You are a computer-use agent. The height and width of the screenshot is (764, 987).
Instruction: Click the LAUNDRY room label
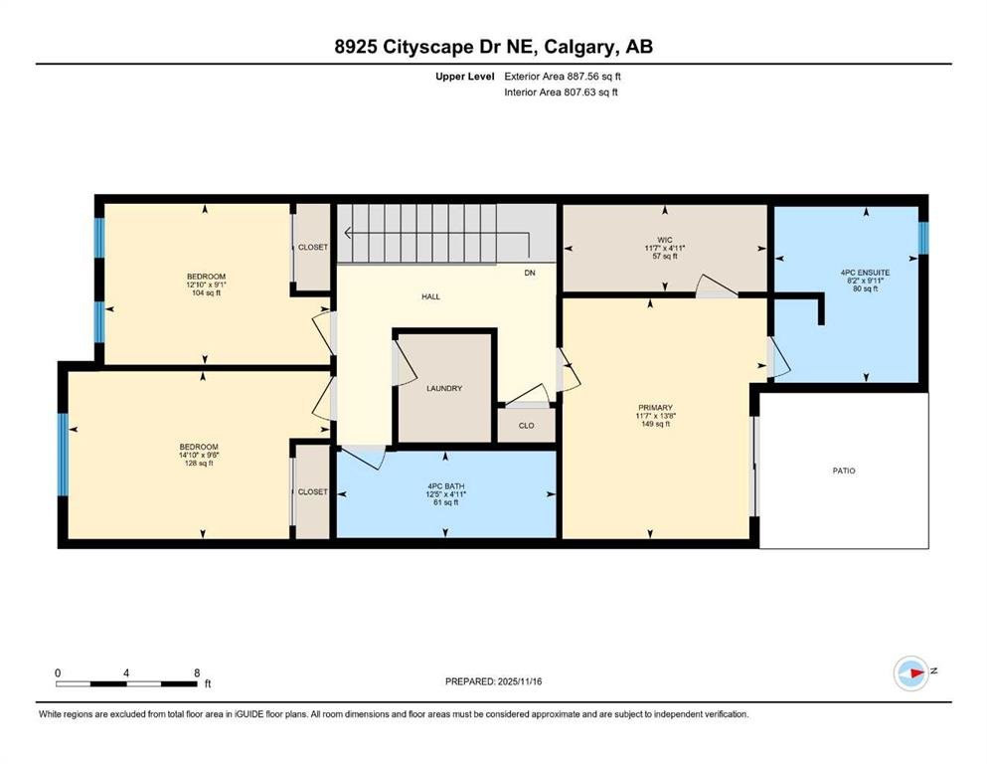pyautogui.click(x=444, y=389)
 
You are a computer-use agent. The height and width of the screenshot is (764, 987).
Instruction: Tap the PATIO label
pyautogui.click(x=844, y=471)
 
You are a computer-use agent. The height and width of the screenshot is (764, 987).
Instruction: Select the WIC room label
pyautogui.click(x=665, y=240)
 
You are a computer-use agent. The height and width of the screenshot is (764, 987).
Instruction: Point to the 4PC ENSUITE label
pyautogui.click(x=866, y=273)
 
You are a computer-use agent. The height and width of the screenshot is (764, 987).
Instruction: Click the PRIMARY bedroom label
pyautogui.click(x=655, y=408)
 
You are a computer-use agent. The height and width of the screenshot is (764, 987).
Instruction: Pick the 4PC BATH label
pyautogui.click(x=445, y=486)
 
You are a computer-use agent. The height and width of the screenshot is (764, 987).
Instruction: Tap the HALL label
pyautogui.click(x=431, y=296)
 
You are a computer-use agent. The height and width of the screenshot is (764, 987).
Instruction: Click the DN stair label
pyautogui.click(x=530, y=273)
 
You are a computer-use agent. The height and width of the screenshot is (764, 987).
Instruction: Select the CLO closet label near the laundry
pyautogui.click(x=526, y=425)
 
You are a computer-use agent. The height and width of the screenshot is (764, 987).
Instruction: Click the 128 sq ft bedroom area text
pyautogui.click(x=198, y=463)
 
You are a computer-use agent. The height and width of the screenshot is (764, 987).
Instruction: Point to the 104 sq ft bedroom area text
pyautogui.click(x=206, y=292)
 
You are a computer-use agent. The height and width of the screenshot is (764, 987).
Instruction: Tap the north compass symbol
pyautogui.click(x=911, y=672)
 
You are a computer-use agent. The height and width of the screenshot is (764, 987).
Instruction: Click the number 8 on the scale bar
pyautogui.click(x=198, y=672)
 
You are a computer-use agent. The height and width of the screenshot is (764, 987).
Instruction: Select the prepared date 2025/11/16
pyautogui.click(x=520, y=681)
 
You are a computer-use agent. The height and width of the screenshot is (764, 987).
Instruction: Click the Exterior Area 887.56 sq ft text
pyautogui.click(x=563, y=77)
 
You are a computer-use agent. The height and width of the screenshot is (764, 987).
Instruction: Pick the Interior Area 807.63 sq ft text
pyautogui.click(x=561, y=92)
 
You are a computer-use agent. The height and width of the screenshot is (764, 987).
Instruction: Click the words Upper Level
pyautogui.click(x=465, y=77)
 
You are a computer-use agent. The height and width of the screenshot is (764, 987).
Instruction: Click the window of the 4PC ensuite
pyautogui.click(x=923, y=238)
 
